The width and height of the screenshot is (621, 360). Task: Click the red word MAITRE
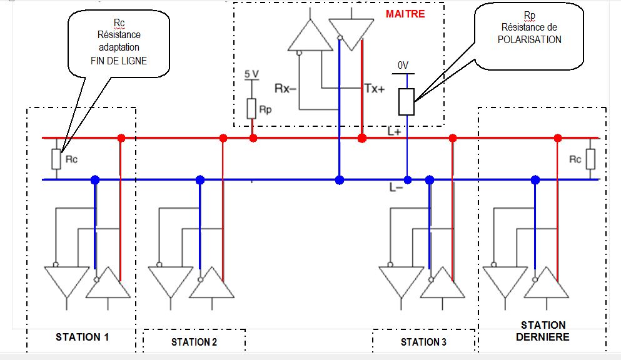[x=406, y=13]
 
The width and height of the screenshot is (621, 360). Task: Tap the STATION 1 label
[x=83, y=337]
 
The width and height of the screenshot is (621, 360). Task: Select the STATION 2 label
[x=194, y=342]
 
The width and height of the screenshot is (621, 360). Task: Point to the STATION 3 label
[x=423, y=342]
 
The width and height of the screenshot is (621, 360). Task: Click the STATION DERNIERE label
[x=543, y=331]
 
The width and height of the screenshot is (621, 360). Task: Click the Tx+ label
[x=374, y=88]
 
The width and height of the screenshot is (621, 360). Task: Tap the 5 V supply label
[x=251, y=74]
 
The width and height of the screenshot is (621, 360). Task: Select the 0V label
[x=403, y=66]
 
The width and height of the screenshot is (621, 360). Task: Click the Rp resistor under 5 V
[x=251, y=108]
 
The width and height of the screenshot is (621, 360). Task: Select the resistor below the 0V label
[x=406, y=101]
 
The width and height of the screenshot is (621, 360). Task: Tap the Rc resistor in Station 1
[x=56, y=159]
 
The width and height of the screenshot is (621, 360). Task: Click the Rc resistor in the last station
[x=590, y=159]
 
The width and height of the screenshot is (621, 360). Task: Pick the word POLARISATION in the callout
[x=529, y=39]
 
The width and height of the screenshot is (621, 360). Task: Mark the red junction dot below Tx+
[x=361, y=137]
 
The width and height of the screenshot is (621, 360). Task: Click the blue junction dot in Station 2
[x=200, y=180]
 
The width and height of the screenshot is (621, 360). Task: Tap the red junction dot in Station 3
[x=453, y=137]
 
